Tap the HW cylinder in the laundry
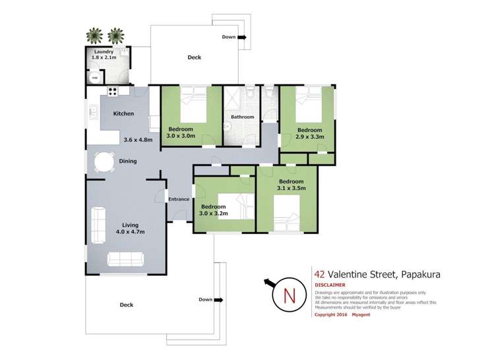click(x=94, y=78)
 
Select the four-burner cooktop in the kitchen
click(x=113, y=92)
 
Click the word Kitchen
click(x=123, y=113)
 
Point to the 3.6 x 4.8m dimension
click(x=138, y=140)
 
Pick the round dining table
click(x=104, y=162)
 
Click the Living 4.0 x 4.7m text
click(x=129, y=228)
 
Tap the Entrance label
click(x=178, y=199)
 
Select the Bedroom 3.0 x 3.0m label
click(x=181, y=132)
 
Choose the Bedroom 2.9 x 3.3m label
click(x=309, y=134)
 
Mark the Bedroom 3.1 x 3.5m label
click(x=291, y=185)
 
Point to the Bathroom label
click(x=243, y=117)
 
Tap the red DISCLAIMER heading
click(x=333, y=285)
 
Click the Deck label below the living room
click(x=127, y=305)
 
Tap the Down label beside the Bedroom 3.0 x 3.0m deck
click(x=229, y=37)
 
